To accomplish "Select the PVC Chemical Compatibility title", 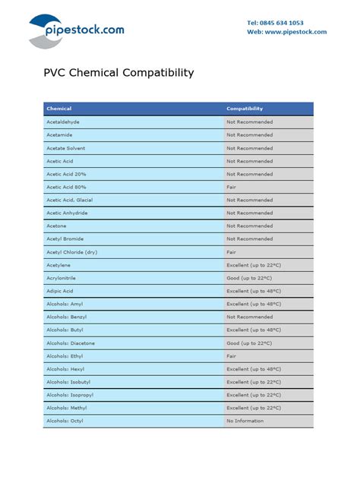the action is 118,74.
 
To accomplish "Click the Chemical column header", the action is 58,109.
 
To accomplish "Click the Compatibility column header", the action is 245,109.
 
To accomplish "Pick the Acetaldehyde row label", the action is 63,122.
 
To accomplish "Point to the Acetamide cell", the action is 60,134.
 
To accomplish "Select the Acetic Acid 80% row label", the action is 66,187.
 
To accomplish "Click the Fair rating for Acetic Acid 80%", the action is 232,187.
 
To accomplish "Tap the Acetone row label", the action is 56,226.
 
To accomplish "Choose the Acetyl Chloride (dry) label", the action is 71,252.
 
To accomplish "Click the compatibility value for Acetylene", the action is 254,265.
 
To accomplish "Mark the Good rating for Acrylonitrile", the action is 249,278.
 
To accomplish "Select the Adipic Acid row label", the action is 60,291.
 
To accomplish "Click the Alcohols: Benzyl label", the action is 67,317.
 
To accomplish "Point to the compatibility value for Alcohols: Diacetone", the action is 249,343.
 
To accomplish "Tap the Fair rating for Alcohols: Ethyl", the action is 232,356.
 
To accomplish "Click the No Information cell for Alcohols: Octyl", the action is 245,421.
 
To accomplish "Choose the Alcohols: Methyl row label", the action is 67,408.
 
